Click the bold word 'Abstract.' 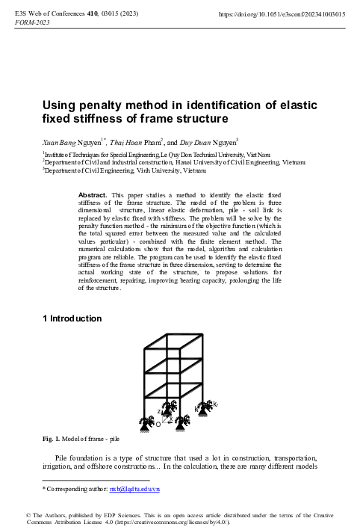(94, 195)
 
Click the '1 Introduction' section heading (72, 319)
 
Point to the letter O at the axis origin (158, 424)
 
